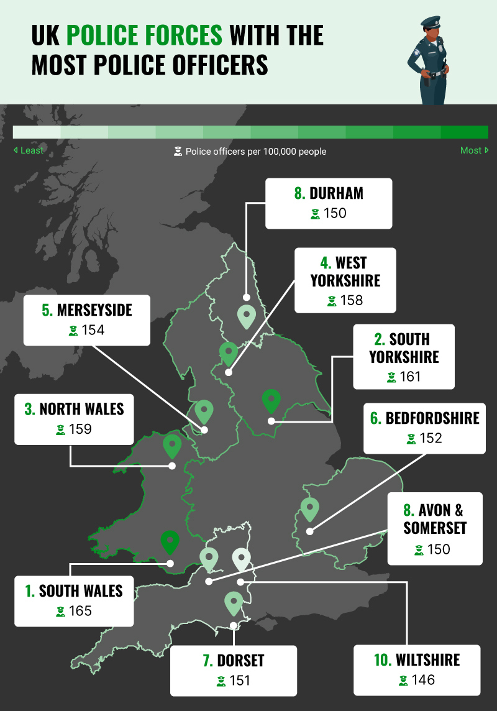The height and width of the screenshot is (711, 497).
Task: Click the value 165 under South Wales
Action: [x=80, y=611]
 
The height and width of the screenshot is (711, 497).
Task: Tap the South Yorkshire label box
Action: [x=404, y=357]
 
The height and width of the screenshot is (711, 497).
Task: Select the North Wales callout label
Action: [x=75, y=418]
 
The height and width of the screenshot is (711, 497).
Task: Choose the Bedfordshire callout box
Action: [x=425, y=426]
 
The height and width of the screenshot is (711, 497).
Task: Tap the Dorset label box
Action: [x=234, y=670]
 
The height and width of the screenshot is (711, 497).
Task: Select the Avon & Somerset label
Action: [x=434, y=528]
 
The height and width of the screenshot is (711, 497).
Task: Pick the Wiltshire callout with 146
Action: [x=417, y=669]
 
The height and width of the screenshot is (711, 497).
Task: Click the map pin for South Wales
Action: [x=169, y=543]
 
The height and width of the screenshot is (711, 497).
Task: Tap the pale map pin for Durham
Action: [x=246, y=317]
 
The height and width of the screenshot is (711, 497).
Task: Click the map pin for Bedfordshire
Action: [x=309, y=510]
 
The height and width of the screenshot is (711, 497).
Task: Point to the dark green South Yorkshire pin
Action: [x=271, y=401]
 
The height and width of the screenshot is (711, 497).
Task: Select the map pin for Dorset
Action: [x=234, y=603]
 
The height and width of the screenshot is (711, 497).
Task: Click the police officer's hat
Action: [x=430, y=22]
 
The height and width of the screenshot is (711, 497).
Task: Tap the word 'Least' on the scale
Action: [x=32, y=150]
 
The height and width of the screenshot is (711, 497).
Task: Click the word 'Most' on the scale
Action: [x=470, y=150]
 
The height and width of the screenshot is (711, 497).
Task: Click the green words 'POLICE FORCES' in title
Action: [x=144, y=36]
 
